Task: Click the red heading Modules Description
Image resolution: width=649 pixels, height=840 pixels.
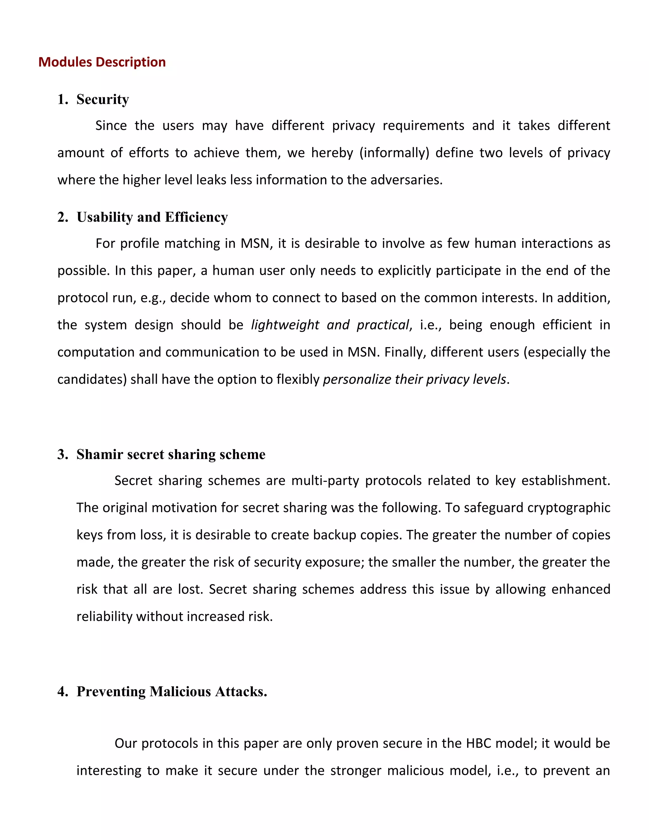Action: coord(102,62)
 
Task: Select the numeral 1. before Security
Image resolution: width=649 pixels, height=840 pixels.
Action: coord(62,99)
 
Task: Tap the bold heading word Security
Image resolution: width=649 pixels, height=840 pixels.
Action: coord(103,99)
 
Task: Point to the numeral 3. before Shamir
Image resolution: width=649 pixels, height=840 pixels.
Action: coord(62,454)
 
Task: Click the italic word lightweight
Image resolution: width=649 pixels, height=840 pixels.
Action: coord(285,325)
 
